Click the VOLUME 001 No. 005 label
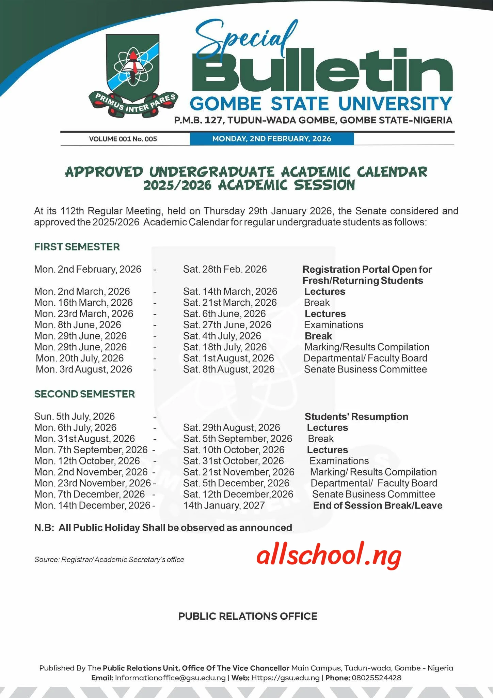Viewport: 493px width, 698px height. coord(123,139)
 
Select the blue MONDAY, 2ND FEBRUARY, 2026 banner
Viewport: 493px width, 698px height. coord(272,139)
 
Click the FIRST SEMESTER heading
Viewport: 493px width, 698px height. coord(77,247)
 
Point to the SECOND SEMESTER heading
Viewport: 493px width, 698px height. coord(84,394)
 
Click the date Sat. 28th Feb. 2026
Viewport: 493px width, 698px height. coord(225,269)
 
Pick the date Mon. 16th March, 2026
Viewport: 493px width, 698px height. coord(83,303)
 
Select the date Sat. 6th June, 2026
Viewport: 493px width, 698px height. coord(224,314)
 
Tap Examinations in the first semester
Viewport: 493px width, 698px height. coord(334,325)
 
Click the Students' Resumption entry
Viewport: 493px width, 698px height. coord(356,416)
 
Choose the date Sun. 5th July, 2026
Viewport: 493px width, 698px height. coord(75,416)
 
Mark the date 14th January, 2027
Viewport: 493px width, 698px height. coord(224,505)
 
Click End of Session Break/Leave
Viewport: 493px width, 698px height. coord(378,505)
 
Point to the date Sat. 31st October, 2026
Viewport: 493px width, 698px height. coord(233,461)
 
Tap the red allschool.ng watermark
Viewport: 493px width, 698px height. coord(329,556)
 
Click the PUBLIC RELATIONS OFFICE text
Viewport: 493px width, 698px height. coord(248,616)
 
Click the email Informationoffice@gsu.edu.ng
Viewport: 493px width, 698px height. coord(170,678)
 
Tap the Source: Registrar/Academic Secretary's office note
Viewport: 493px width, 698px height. coord(109,560)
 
